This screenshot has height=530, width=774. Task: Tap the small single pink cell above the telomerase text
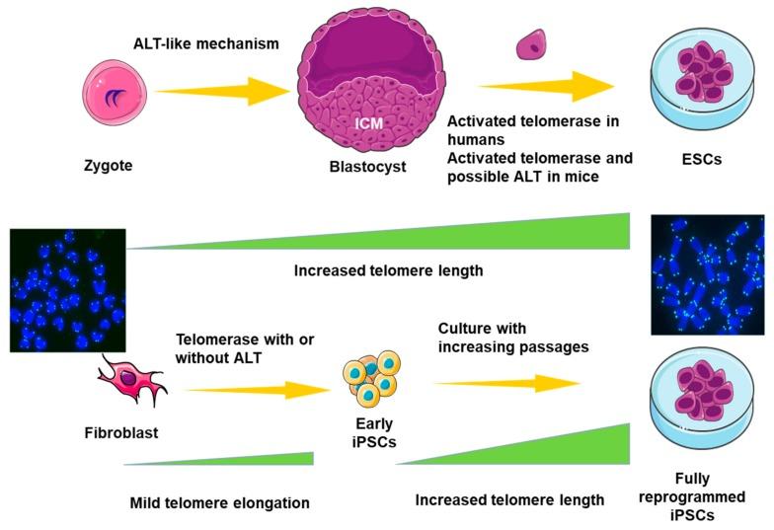point(533,43)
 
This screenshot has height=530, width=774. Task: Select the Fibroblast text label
point(120,431)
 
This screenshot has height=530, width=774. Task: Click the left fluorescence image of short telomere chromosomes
point(67,289)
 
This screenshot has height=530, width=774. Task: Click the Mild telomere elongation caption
point(219,502)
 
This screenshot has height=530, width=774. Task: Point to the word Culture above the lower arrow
point(464,328)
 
